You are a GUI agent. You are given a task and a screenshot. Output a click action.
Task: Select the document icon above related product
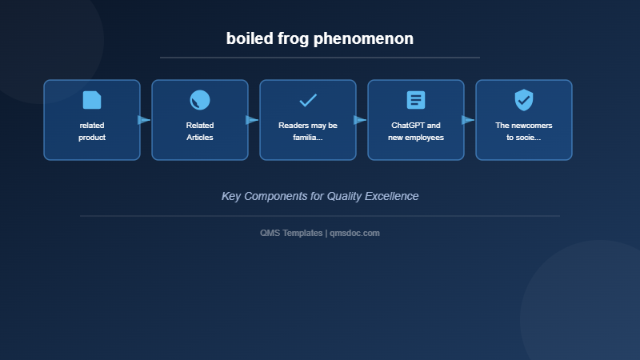[92, 100]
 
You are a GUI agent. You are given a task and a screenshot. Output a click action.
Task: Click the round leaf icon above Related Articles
[200, 100]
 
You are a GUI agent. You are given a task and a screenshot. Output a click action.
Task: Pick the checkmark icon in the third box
[308, 100]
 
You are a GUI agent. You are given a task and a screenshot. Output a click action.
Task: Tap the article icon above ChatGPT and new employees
[416, 100]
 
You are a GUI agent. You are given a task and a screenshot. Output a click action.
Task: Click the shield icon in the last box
[524, 100]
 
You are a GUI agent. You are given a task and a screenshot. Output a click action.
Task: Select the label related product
[92, 131]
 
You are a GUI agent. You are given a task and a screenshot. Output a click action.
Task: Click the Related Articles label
[200, 131]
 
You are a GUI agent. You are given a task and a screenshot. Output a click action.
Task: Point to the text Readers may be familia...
[308, 131]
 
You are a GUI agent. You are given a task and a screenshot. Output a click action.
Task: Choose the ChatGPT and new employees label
[416, 131]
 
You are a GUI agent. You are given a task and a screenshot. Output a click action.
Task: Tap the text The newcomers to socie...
[524, 131]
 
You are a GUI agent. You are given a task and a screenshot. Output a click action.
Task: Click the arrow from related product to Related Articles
[144, 120]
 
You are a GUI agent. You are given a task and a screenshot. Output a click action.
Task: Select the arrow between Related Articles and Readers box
[252, 120]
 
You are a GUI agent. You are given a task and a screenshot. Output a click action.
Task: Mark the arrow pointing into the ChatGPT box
[360, 120]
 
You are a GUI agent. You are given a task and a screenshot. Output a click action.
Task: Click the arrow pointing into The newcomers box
[468, 120]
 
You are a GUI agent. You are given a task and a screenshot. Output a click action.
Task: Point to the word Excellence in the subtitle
[390, 196]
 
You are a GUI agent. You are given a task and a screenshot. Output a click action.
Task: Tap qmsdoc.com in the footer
[354, 233]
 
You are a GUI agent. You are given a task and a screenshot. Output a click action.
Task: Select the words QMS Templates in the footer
[291, 233]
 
